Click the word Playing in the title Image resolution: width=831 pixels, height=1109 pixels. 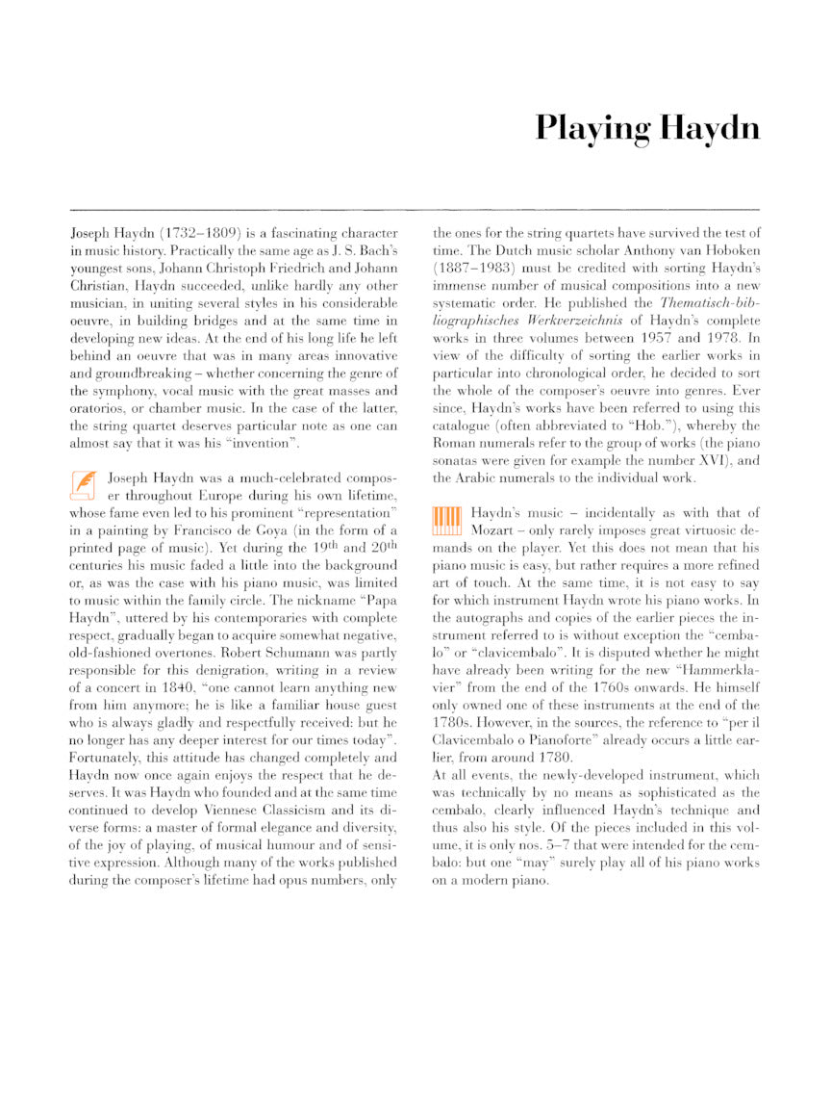tap(590, 127)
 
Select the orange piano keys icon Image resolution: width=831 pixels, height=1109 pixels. tap(446, 521)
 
